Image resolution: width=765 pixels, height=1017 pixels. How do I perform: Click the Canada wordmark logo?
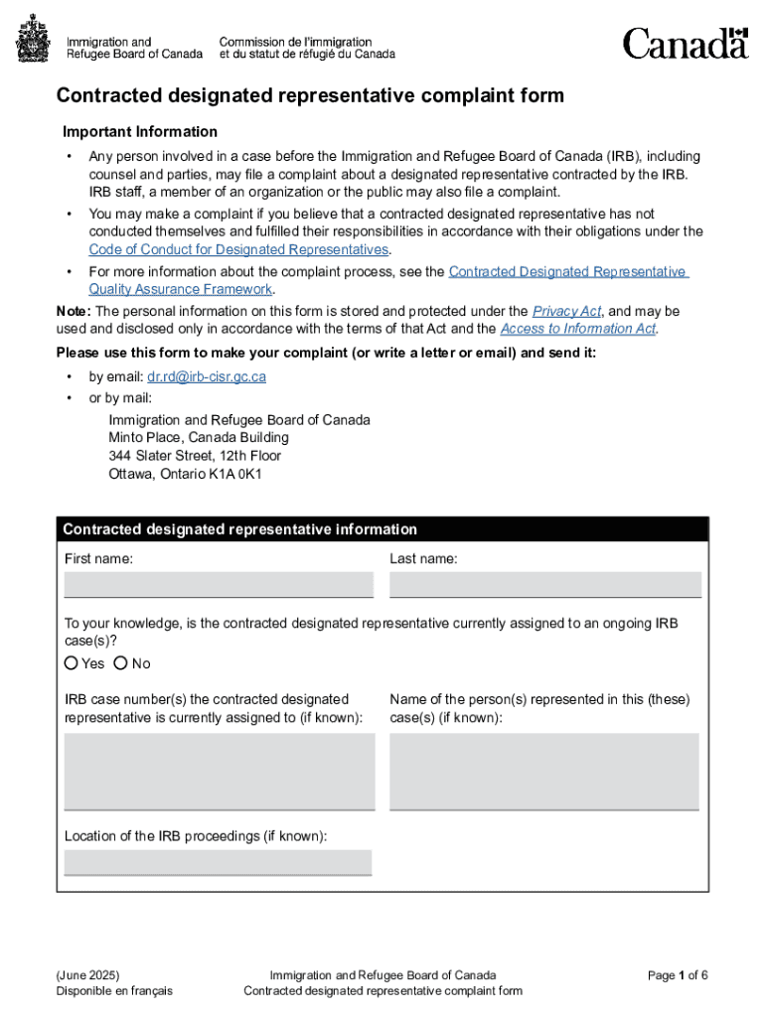(x=685, y=43)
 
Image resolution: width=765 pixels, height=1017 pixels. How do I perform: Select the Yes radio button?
(x=72, y=662)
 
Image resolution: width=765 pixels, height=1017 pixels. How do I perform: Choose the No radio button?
(x=121, y=662)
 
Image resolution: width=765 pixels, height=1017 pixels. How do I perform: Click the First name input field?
(x=219, y=585)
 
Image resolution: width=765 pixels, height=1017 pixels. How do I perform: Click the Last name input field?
(x=544, y=585)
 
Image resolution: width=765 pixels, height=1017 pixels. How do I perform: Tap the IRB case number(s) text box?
(x=219, y=772)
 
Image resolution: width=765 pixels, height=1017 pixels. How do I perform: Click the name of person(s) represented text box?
(x=544, y=772)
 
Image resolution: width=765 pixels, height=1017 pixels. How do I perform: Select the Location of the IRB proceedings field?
(x=219, y=862)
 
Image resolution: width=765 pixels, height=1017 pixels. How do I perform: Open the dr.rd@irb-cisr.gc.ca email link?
(x=207, y=377)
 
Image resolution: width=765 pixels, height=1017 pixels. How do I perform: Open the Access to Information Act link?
(x=577, y=329)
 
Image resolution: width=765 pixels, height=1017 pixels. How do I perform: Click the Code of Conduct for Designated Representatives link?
(x=238, y=249)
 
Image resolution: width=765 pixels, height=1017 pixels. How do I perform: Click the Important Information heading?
(x=140, y=132)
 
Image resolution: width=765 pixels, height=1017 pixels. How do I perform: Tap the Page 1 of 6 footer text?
(x=678, y=975)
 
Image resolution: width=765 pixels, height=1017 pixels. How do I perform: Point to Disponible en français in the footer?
(x=115, y=991)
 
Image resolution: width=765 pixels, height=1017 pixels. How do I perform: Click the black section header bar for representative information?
(x=382, y=529)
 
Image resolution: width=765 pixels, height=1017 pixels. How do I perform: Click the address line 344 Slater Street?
(x=195, y=456)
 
